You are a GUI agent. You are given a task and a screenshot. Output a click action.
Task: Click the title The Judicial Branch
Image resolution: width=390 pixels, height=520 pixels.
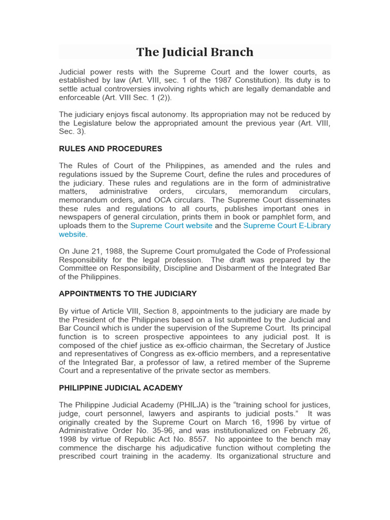click(x=194, y=52)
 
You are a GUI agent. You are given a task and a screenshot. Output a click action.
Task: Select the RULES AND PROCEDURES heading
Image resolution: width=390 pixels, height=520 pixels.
click(x=111, y=149)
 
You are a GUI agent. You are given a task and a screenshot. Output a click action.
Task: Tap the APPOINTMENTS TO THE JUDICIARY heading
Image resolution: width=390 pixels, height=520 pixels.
click(x=127, y=294)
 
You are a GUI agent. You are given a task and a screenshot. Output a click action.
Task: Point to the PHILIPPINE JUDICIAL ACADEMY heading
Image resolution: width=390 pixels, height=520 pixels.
click(x=121, y=388)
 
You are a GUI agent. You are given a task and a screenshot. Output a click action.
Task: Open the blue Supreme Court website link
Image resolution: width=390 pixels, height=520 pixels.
click(x=171, y=225)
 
